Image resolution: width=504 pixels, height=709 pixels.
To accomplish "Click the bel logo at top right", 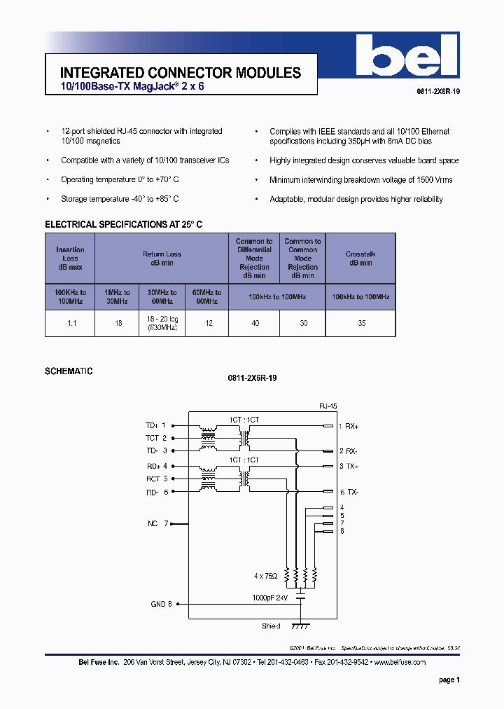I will [405, 57].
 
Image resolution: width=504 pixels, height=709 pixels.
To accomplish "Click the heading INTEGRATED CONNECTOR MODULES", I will [181, 73].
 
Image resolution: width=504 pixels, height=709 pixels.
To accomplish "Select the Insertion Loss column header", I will [70, 259].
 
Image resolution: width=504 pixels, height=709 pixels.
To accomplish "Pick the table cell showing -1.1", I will [70, 323].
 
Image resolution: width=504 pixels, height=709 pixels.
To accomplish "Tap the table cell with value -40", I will [254, 323].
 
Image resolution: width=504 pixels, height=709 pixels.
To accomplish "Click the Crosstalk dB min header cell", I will [360, 259].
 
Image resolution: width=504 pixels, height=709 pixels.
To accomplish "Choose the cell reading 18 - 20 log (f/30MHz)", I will [162, 323].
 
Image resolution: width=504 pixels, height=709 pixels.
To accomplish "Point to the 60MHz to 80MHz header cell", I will [206, 297].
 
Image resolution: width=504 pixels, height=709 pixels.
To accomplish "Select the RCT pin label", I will [153, 479].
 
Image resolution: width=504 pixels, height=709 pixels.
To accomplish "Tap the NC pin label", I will [152, 523].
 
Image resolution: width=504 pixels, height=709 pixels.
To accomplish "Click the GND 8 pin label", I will [161, 604].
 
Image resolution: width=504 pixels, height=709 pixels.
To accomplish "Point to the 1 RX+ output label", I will [348, 426].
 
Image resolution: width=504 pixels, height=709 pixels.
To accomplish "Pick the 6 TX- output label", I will [349, 493].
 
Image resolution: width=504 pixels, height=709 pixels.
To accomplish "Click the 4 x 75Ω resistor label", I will [266, 576].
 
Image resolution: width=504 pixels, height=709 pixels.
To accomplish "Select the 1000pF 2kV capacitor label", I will [270, 598].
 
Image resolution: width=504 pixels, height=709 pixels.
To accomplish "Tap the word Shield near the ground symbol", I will [271, 626].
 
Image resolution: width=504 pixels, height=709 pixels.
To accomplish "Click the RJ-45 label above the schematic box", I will [328, 406].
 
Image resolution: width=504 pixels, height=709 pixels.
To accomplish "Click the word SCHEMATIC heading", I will [69, 371].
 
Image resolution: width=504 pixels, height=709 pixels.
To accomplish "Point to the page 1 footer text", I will [449, 680].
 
